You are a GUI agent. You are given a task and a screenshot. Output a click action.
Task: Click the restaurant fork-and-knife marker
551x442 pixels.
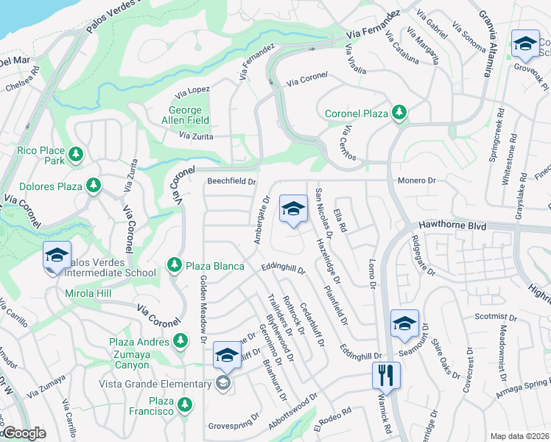(386, 375)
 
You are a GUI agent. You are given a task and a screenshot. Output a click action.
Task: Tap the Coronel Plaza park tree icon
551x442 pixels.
(399, 112)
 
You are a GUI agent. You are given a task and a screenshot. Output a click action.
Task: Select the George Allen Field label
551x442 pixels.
(185, 115)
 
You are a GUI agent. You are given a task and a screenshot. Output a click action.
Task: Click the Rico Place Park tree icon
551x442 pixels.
(75, 155)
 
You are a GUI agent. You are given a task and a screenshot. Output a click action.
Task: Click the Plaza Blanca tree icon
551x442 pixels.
(174, 264)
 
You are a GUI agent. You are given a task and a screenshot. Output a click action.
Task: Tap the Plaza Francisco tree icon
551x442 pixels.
(183, 404)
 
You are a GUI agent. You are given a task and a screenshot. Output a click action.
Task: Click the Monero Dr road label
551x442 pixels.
(417, 180)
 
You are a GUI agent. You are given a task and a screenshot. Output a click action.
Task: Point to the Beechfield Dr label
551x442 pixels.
(231, 180)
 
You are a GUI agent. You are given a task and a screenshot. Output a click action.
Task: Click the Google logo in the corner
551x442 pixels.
(24, 434)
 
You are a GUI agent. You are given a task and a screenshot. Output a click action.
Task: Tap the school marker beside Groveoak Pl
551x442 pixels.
(526, 44)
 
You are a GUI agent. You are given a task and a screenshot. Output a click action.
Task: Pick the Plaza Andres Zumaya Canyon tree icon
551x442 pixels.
(180, 340)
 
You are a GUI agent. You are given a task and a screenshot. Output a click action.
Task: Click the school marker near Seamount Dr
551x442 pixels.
(404, 323)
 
